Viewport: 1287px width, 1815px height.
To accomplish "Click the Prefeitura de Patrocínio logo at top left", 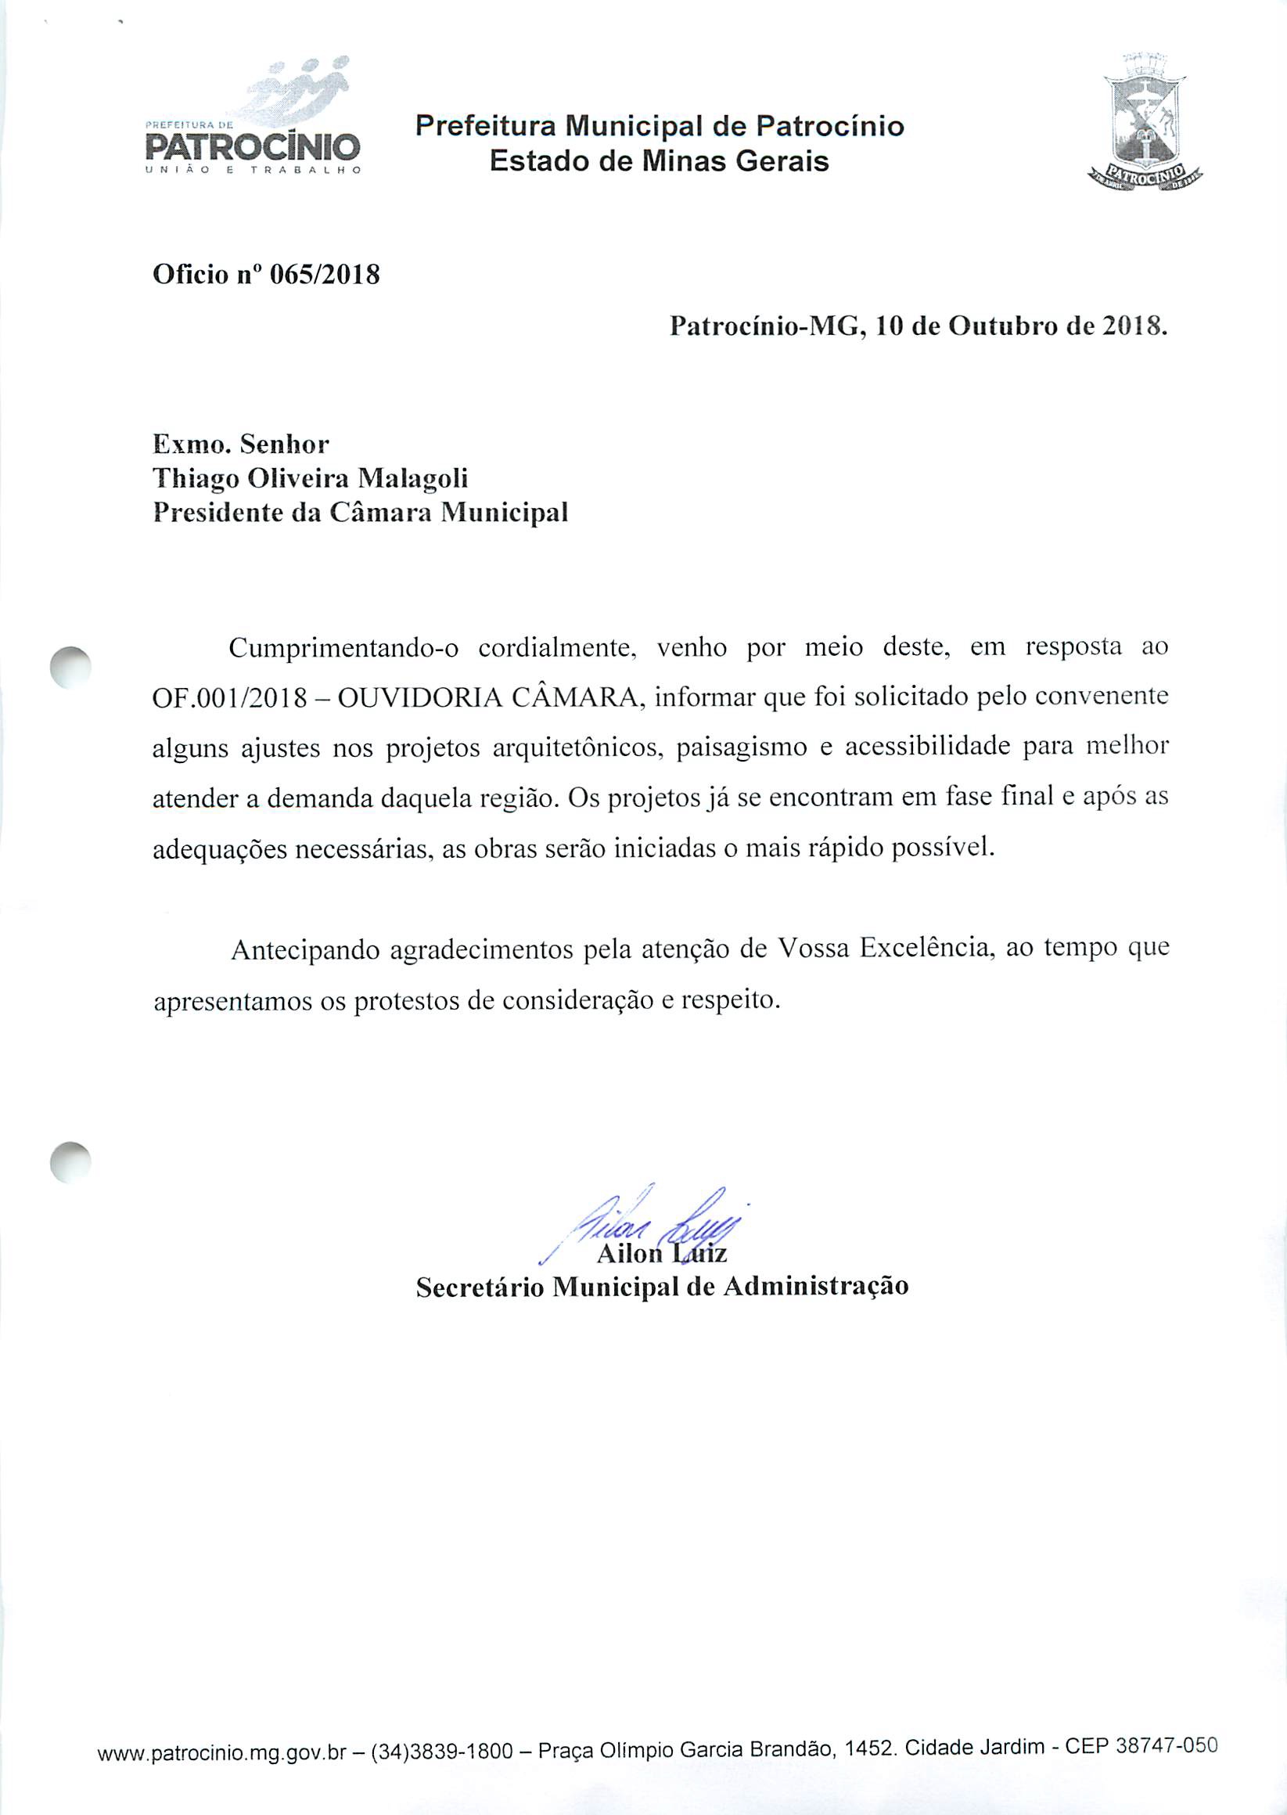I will tap(253, 119).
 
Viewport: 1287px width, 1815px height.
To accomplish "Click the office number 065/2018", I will tap(325, 275).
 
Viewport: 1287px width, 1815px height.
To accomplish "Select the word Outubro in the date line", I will tap(1005, 326).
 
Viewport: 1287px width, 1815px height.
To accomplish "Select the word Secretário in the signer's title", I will tap(480, 1287).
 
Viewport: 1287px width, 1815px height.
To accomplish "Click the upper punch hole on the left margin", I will tap(70, 668).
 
